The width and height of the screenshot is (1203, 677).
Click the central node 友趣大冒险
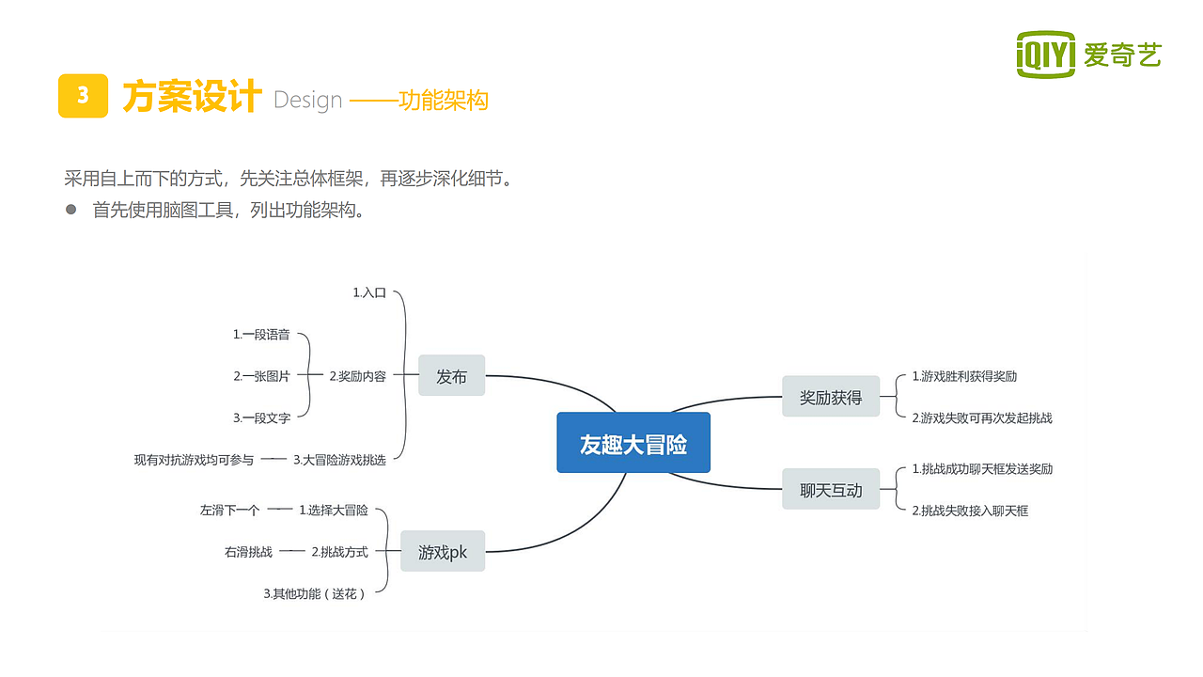coord(633,443)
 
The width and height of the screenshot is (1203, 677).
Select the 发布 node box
coord(451,376)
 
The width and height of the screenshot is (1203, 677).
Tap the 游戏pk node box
coord(443,551)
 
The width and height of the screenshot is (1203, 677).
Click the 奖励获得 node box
coord(831,397)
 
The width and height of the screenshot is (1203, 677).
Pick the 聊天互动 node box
coord(831,489)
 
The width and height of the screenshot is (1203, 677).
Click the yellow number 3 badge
coord(83,96)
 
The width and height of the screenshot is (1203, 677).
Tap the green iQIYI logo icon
coord(1045,55)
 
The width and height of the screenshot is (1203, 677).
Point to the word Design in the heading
coord(307,101)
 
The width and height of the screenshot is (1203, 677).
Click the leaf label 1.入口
coord(369,292)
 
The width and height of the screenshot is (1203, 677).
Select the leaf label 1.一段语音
coord(261,334)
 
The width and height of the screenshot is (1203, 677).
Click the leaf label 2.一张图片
coord(261,375)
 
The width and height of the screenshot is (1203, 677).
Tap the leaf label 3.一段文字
coord(261,417)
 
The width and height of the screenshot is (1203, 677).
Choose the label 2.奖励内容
coord(358,376)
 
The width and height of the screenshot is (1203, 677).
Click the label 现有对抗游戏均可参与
coord(194,460)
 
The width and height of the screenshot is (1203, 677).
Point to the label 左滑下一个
coord(229,511)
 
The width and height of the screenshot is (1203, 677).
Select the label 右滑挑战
coord(248,552)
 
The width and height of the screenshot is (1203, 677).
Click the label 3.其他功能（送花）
coord(314,593)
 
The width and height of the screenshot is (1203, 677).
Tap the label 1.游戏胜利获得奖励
coord(964,376)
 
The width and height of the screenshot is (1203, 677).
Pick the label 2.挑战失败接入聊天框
coord(970,511)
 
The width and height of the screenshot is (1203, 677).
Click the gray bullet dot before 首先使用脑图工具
coord(70,210)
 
